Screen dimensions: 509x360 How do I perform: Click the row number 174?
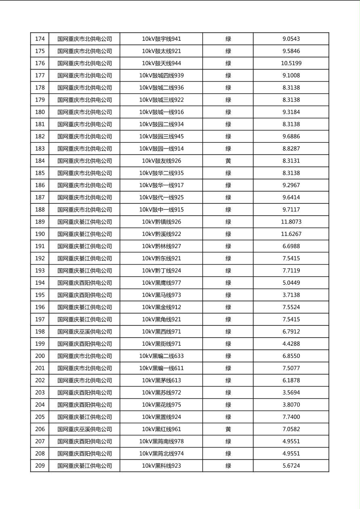(40, 39)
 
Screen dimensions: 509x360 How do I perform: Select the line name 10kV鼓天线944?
(161, 63)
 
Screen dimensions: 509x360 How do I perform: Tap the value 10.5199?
(291, 63)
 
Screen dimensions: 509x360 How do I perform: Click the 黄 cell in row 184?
(228, 161)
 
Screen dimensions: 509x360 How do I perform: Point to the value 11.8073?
(291, 222)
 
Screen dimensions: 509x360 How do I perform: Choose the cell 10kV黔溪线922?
(161, 234)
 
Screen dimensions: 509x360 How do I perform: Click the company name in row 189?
(84, 222)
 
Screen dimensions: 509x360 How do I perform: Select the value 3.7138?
(291, 295)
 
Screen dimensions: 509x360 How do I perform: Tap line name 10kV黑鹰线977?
(161, 283)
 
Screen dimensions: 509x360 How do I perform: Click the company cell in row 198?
(84, 332)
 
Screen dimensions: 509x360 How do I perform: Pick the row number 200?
(40, 356)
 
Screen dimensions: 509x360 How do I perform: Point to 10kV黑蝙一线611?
(161, 368)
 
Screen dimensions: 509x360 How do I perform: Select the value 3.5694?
(291, 392)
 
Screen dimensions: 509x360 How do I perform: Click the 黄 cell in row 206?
(228, 429)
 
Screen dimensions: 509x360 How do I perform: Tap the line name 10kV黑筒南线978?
(161, 441)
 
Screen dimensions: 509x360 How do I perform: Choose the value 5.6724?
(291, 466)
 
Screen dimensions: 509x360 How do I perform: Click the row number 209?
(40, 466)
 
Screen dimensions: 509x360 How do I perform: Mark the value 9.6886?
(291, 136)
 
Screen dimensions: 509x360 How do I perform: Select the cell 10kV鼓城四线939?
(161, 75)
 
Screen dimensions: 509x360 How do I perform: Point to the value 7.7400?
(291, 417)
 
